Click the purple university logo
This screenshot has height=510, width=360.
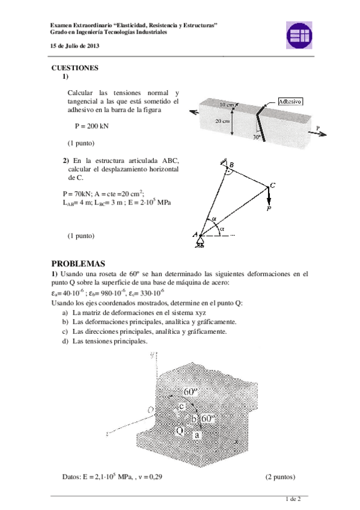coord(299,35)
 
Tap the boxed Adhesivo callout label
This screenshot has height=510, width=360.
coord(290,102)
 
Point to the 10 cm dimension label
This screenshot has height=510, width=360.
coord(227,105)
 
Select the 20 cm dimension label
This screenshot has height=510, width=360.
coord(222,121)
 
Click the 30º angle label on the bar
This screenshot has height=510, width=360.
coord(257,137)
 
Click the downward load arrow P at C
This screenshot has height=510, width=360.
coord(269,195)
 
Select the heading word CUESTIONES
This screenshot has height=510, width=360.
coord(75,68)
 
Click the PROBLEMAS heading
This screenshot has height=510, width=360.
coord(78,263)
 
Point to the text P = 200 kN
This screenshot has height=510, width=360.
coord(91,126)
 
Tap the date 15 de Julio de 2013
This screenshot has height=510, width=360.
coord(75,46)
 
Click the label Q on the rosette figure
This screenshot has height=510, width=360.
coord(180,431)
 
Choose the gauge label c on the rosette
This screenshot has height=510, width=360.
coord(182,406)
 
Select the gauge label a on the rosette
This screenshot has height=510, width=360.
coord(197,435)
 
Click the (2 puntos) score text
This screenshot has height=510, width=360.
coord(281,477)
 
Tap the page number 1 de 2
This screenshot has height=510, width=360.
coord(293,499)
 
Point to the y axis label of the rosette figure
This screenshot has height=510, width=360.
coord(152,355)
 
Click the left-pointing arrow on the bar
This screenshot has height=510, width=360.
coord(194,112)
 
